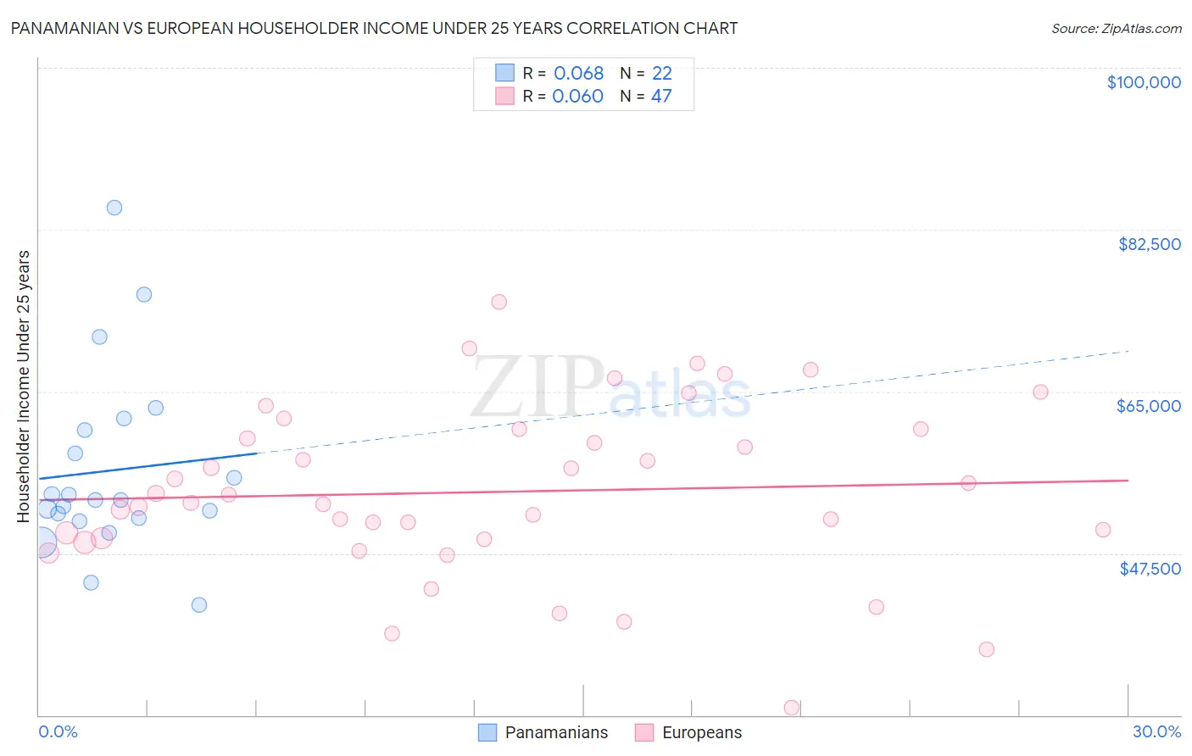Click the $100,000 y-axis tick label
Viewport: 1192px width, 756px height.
[1143, 82]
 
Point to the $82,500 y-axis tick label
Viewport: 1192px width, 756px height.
[1149, 244]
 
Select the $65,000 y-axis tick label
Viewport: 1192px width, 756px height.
[1148, 406]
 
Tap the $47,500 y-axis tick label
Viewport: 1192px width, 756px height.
[1150, 569]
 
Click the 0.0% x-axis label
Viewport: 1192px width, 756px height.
[58, 731]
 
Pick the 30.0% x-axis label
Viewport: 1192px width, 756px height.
[1156, 731]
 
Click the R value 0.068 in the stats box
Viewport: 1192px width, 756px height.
[578, 73]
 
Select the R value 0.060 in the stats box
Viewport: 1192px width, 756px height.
[577, 96]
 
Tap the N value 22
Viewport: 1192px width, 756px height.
[661, 73]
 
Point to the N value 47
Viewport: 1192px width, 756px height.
[661, 96]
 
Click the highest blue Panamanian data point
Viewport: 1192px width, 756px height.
[114, 208]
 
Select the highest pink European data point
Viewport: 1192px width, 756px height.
[499, 302]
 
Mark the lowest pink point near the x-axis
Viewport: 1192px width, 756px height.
[792, 708]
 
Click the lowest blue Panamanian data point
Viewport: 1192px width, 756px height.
[199, 604]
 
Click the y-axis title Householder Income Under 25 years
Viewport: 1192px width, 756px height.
[24, 386]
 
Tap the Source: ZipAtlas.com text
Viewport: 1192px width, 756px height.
[1116, 29]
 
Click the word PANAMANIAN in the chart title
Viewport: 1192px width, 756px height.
[67, 28]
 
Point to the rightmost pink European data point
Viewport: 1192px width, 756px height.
[1103, 530]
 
